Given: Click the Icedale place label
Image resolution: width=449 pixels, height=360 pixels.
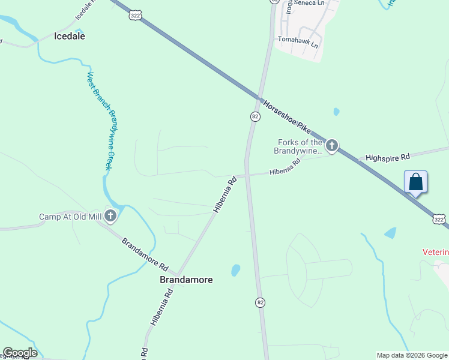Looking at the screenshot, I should tap(70, 36).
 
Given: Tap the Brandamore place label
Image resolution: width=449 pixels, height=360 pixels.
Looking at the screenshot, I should tap(186, 280).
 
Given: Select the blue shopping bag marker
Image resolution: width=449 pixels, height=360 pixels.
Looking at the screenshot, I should tap(416, 182).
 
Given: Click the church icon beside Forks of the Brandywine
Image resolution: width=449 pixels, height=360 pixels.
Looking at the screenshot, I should tap(331, 145).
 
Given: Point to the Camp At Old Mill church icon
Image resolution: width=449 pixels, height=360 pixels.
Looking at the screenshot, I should tap(110, 215).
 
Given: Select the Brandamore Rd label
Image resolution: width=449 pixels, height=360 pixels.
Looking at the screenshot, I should tap(145, 254).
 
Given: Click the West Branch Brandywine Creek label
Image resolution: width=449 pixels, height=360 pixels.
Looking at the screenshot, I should tap(98, 121).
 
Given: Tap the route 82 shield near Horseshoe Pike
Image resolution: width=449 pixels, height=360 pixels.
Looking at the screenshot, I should tap(255, 116).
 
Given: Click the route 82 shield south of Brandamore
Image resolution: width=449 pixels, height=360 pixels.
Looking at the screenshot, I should tap(259, 302).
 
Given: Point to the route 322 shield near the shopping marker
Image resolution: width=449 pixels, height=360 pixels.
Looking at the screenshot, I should tap(439, 220).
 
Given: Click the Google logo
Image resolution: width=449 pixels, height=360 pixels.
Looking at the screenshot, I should tap(20, 353).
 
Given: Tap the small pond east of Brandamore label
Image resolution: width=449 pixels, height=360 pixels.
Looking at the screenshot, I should tap(235, 270).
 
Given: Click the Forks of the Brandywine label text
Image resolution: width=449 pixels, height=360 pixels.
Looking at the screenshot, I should tap(300, 146).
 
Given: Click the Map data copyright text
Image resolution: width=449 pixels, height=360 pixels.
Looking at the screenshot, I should tap(412, 355).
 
